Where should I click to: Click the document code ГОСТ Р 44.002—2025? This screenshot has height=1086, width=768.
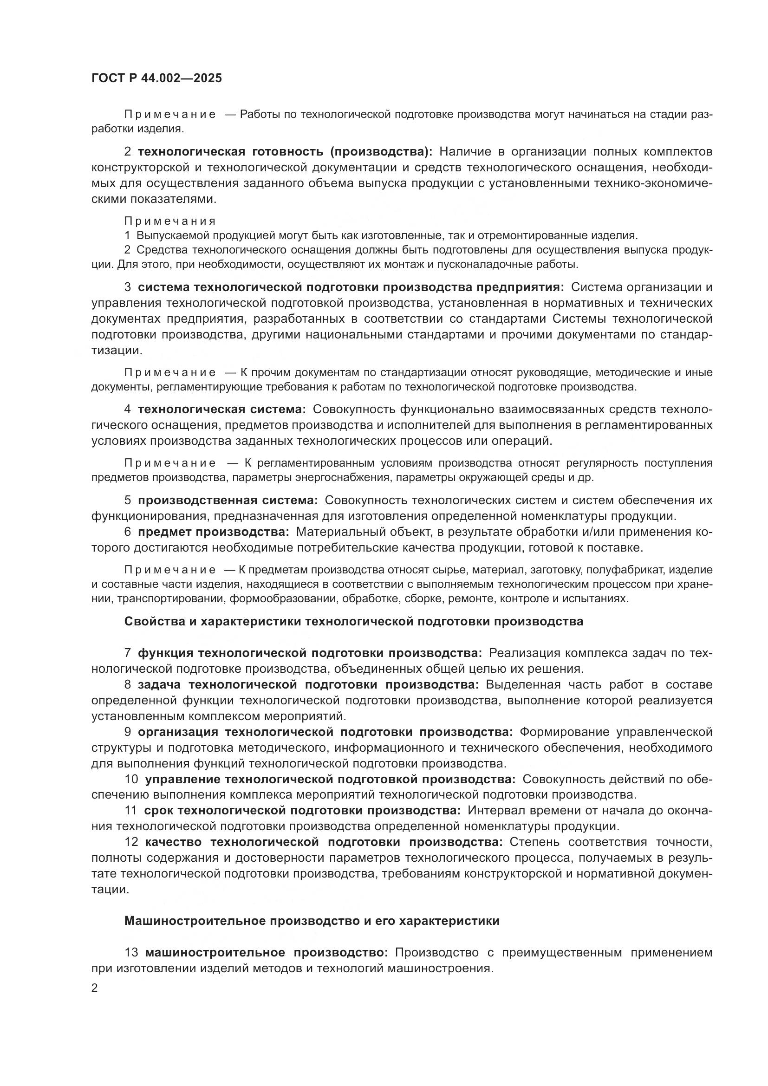(x=156, y=78)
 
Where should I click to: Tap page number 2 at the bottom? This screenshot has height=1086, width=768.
(x=95, y=988)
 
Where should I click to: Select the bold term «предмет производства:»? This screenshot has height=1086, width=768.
(x=213, y=532)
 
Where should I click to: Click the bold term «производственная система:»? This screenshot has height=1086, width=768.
(x=228, y=501)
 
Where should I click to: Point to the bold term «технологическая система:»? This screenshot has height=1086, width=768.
(x=222, y=410)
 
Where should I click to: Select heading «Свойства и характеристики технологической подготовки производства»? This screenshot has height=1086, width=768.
(x=353, y=622)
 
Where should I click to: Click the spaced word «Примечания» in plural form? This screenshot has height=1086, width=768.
(x=170, y=221)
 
